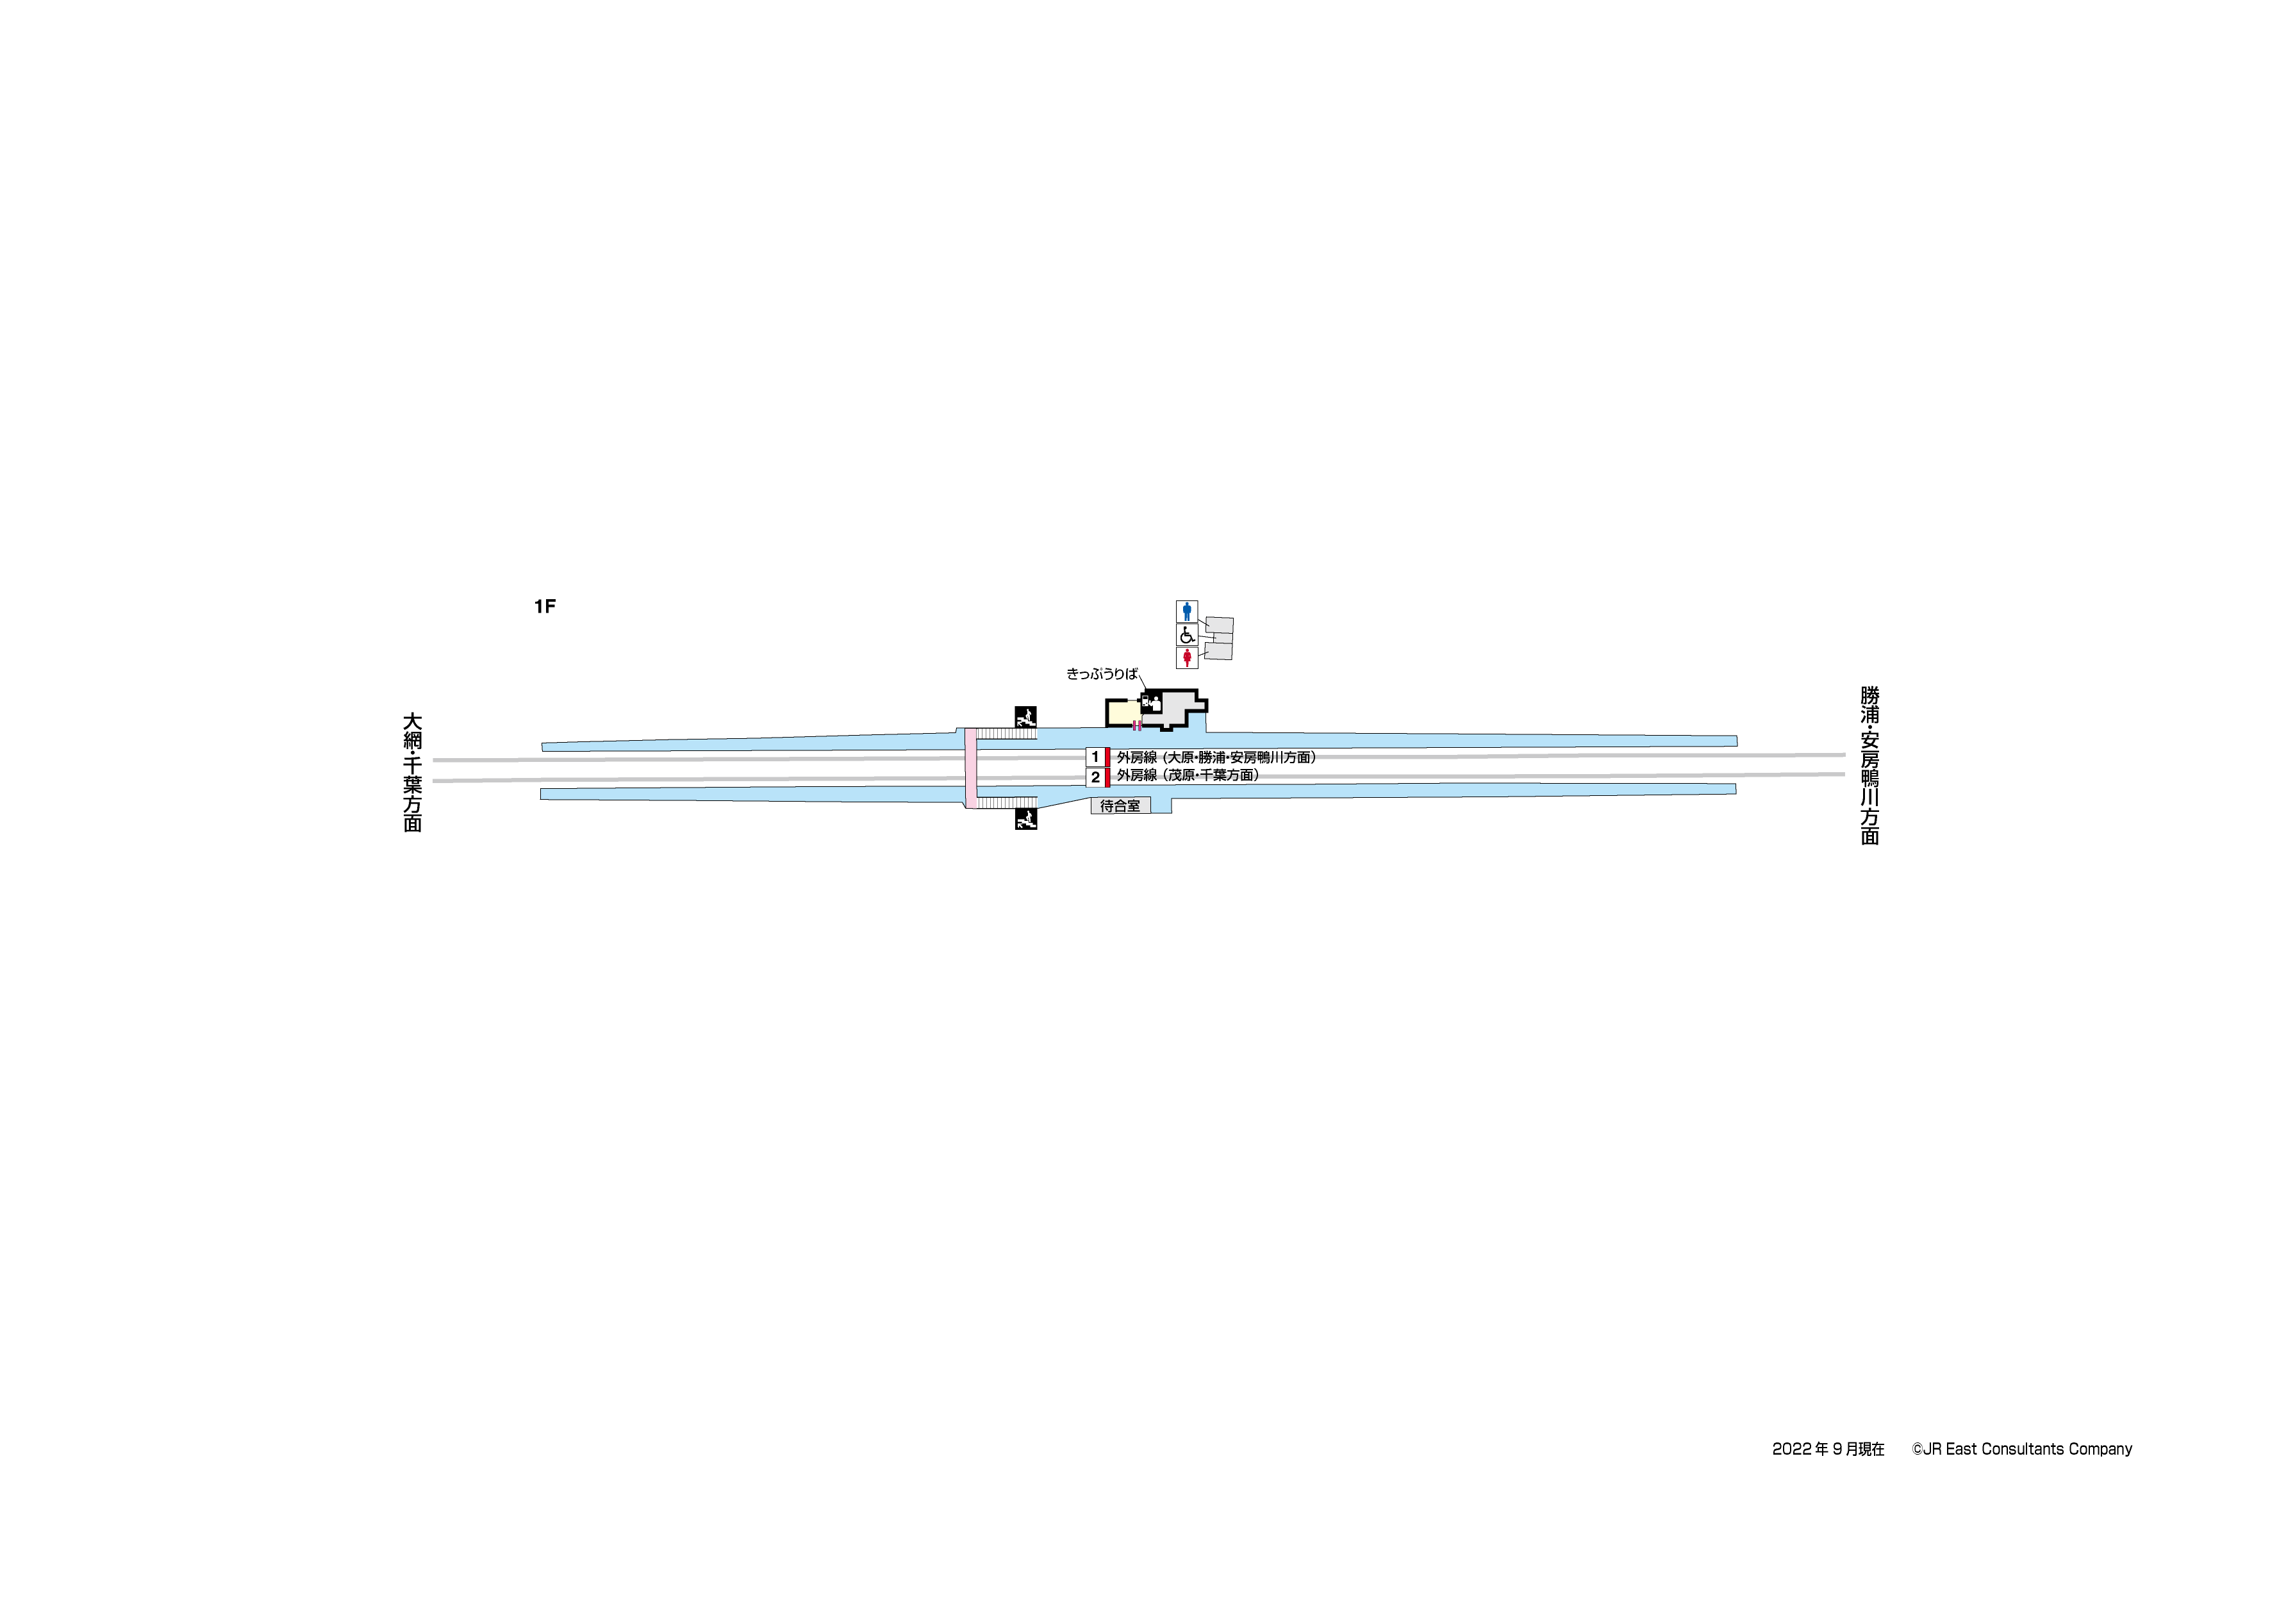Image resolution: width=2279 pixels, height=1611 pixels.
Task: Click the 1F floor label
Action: (x=544, y=606)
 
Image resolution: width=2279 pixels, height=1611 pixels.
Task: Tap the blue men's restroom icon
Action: (x=1186, y=611)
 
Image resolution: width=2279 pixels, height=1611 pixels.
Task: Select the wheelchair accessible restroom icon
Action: (x=1186, y=634)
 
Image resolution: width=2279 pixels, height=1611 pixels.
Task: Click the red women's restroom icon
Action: (x=1186, y=657)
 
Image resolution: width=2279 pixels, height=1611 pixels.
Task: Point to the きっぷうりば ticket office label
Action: (x=1102, y=674)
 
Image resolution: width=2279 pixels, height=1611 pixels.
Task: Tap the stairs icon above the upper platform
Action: (x=1025, y=716)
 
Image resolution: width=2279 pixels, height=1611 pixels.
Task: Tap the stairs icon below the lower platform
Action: (x=1026, y=819)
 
